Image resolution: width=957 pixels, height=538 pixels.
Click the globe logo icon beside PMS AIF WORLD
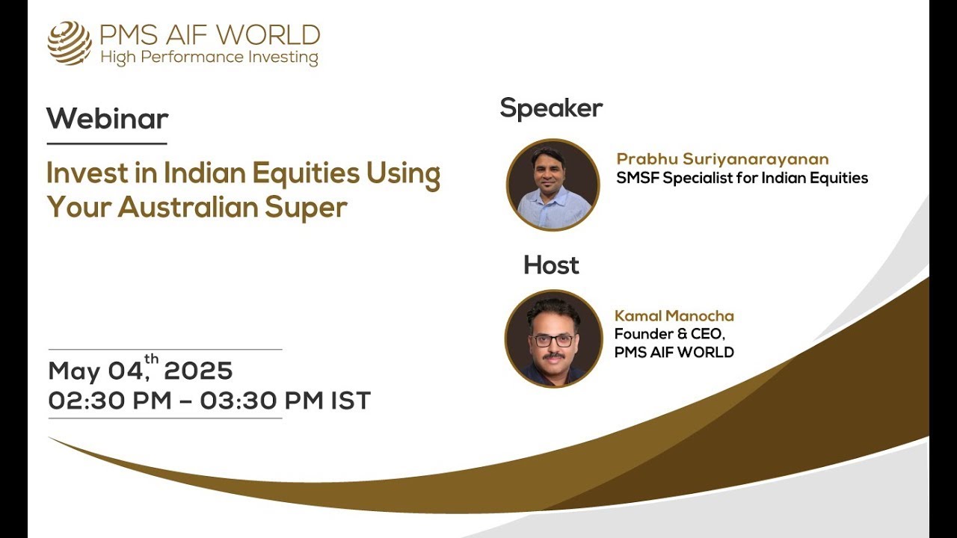pyautogui.click(x=70, y=43)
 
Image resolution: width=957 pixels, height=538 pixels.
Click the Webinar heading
pyautogui.click(x=107, y=119)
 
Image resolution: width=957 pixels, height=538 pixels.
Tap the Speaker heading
pyautogui.click(x=551, y=108)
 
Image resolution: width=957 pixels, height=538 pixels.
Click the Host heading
pyautogui.click(x=551, y=265)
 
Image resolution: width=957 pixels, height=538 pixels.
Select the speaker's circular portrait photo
pyautogui.click(x=553, y=185)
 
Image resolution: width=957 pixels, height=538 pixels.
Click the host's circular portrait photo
pyautogui.click(x=553, y=338)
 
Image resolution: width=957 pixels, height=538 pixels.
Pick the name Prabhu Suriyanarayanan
pyautogui.click(x=722, y=159)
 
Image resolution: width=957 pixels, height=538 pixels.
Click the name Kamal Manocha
pyautogui.click(x=674, y=316)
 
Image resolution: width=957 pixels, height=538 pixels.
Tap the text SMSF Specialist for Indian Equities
pyautogui.click(x=742, y=178)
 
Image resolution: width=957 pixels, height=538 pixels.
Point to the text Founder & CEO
pyautogui.click(x=669, y=334)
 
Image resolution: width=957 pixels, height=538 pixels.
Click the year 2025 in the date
pyautogui.click(x=198, y=371)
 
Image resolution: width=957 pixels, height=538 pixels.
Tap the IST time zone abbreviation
pyautogui.click(x=351, y=401)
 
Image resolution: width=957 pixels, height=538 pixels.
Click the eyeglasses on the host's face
pyautogui.click(x=553, y=340)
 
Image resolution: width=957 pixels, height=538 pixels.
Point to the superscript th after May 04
pyautogui.click(x=152, y=359)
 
